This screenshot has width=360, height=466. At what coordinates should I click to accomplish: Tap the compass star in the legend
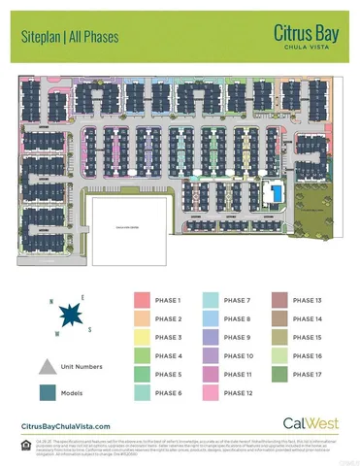click(70, 316)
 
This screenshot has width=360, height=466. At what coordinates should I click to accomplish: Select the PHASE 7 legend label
click(237, 301)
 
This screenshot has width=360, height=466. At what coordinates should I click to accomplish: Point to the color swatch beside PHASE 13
click(278, 301)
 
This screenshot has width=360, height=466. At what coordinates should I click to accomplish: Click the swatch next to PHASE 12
click(209, 392)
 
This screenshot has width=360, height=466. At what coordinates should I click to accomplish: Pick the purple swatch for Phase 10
click(209, 355)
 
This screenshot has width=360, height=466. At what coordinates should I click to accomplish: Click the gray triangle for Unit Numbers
click(48, 366)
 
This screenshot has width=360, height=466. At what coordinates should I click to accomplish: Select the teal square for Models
click(48, 392)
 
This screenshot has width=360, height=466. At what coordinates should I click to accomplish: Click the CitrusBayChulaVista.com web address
click(66, 426)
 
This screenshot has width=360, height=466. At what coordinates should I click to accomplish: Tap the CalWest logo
click(302, 423)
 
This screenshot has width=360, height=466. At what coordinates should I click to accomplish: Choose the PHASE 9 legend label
click(237, 337)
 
